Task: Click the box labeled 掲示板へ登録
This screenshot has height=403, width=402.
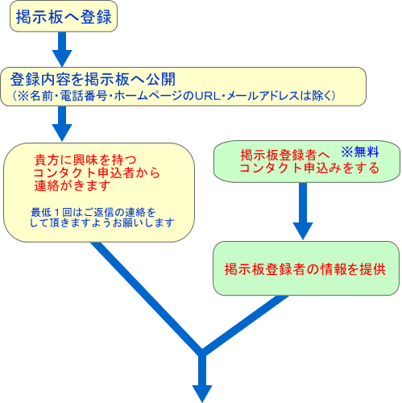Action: click(x=64, y=16)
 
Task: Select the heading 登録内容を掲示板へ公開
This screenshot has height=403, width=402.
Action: click(x=93, y=80)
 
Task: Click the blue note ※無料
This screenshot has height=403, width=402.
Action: click(x=360, y=152)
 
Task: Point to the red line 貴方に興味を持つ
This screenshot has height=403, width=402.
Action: click(x=85, y=160)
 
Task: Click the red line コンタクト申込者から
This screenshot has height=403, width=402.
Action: click(x=97, y=173)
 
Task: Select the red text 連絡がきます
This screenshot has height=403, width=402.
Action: click(x=73, y=185)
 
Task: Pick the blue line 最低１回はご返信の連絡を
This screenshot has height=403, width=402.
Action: click(x=93, y=213)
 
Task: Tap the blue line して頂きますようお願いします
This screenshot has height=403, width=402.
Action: click(x=102, y=222)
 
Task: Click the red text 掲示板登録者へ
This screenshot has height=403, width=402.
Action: click(x=285, y=155)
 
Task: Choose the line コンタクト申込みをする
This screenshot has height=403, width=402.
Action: click(x=309, y=168)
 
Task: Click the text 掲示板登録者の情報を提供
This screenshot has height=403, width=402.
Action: click(x=305, y=269)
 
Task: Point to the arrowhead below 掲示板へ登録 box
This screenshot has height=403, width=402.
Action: click(x=62, y=58)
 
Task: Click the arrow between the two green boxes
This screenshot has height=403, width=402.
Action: click(x=303, y=211)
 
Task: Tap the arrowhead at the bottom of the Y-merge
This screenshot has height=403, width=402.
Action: click(x=202, y=394)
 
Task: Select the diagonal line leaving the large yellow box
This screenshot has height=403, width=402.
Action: click(x=147, y=298)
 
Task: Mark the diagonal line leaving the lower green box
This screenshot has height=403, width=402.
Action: click(x=245, y=324)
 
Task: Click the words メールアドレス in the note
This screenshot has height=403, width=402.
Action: click(x=276, y=96)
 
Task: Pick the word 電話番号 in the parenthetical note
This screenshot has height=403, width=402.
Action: click(x=84, y=96)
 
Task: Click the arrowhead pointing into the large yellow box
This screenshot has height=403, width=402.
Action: click(x=62, y=133)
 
